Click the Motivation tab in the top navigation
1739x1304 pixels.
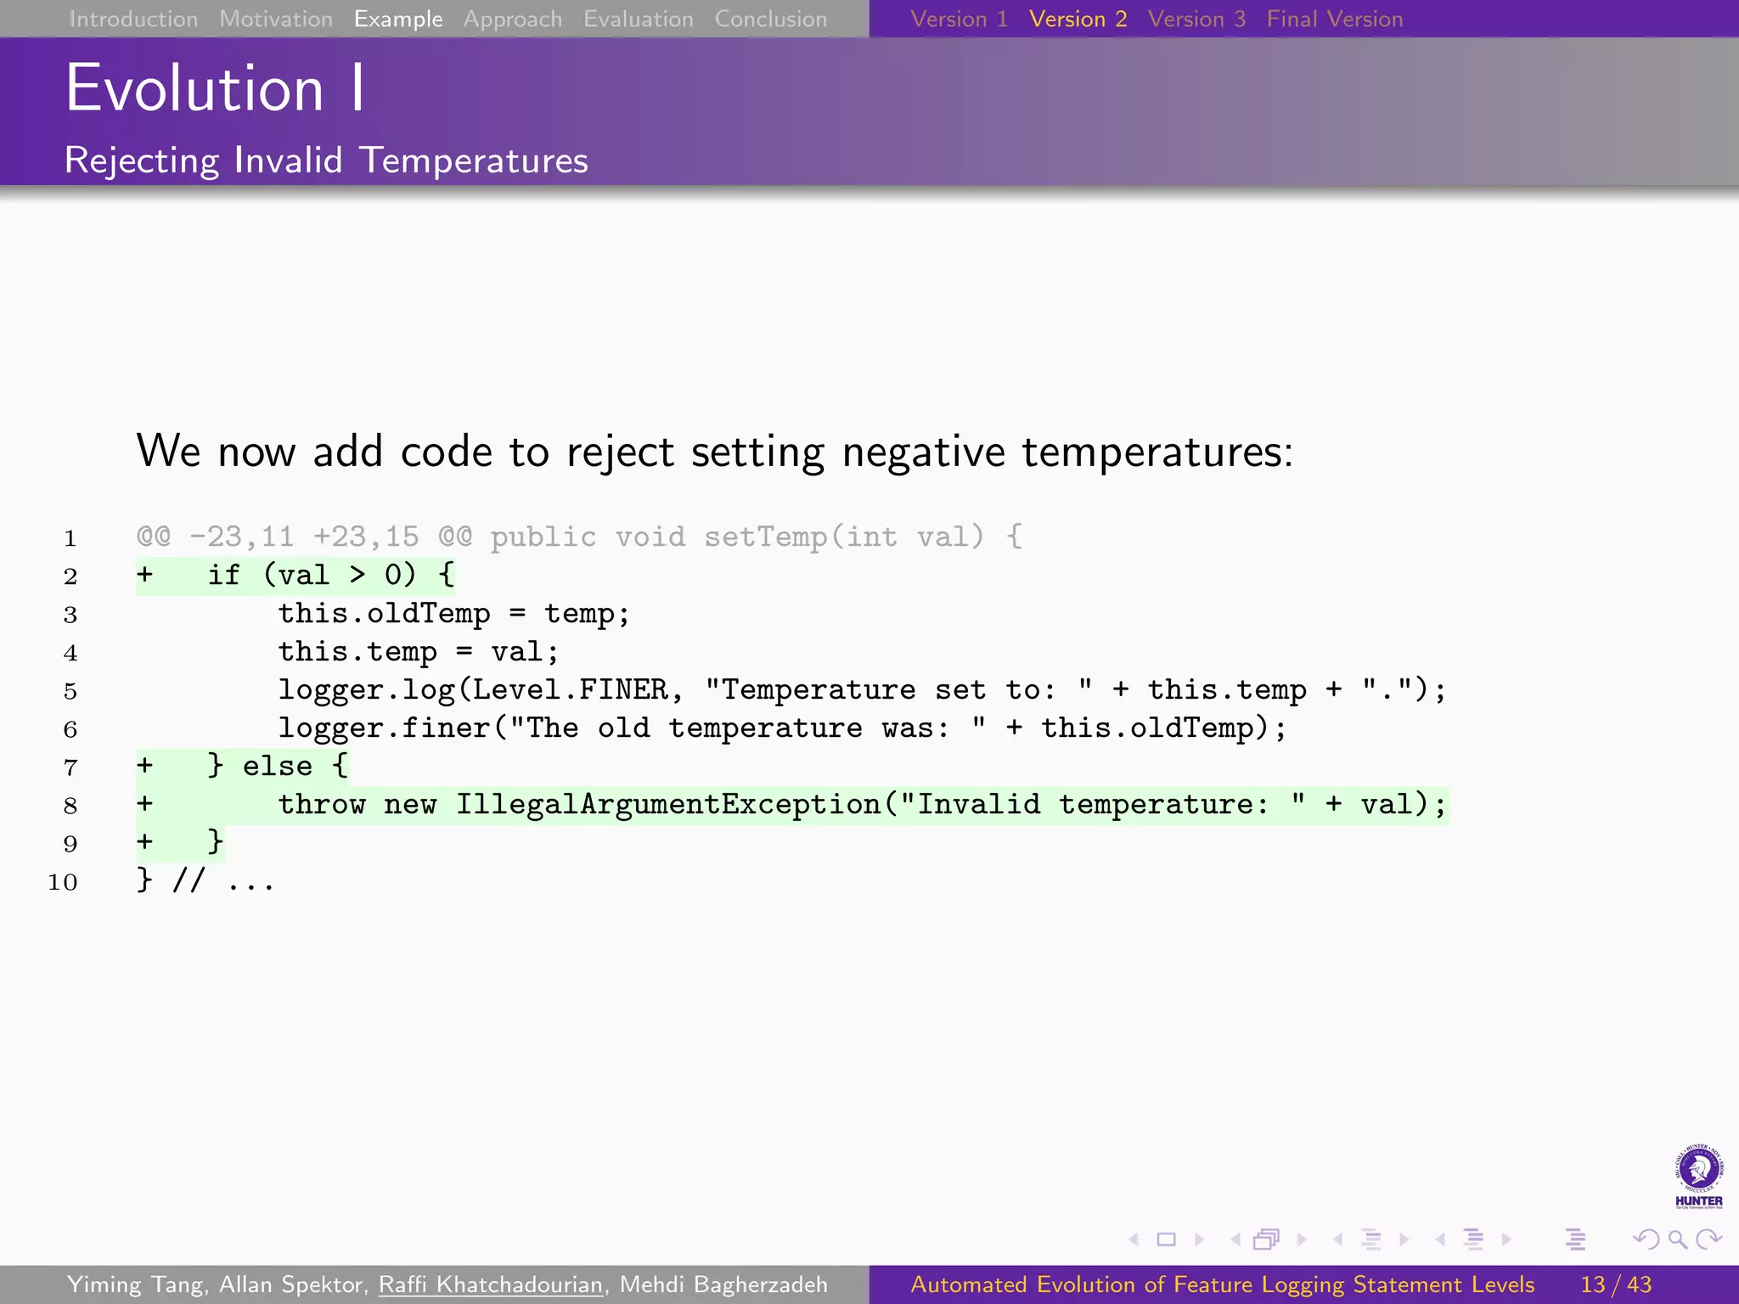276,19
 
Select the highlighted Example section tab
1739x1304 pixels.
398,19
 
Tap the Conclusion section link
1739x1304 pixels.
770,19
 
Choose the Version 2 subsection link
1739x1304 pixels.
1078,19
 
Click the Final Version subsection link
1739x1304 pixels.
1334,19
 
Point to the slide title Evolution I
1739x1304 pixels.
215,88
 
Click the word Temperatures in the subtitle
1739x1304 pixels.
473,160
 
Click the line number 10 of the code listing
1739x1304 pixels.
63,882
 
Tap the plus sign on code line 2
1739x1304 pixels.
145,575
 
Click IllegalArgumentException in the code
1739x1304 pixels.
668,804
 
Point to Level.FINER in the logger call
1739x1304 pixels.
570,689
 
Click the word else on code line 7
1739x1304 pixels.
277,766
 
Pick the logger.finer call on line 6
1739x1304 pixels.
384,728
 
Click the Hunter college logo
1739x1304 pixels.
1698,1176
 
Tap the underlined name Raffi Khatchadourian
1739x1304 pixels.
490,1284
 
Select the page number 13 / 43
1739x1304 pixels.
1615,1284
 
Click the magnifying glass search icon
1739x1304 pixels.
1677,1239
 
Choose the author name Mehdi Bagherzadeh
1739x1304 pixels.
723,1284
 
